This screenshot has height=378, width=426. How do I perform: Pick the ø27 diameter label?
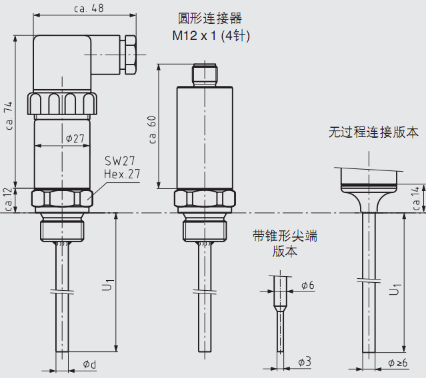(75, 138)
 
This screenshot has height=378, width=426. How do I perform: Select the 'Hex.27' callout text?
(122, 174)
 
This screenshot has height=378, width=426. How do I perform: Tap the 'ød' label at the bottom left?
(89, 364)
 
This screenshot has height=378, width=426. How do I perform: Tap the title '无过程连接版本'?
(373, 132)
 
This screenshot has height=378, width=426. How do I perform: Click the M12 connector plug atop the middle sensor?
(205, 75)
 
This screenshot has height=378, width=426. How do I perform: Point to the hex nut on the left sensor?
(62, 198)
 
